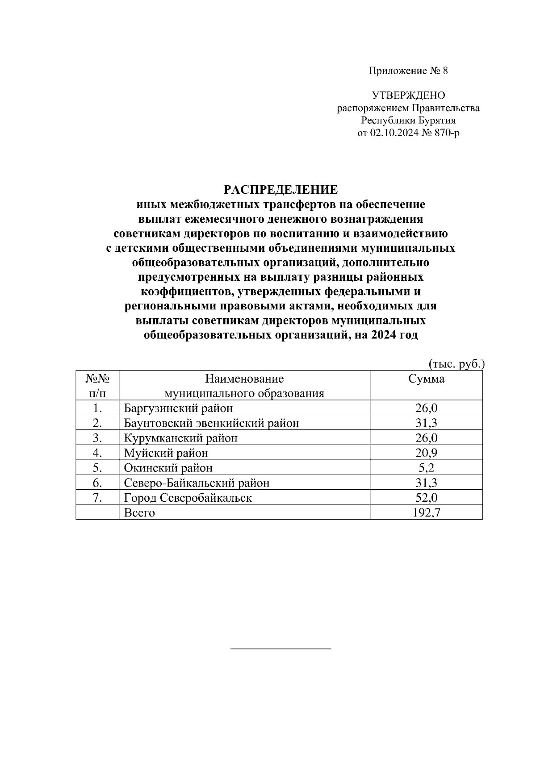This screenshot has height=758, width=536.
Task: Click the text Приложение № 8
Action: pyautogui.click(x=408, y=71)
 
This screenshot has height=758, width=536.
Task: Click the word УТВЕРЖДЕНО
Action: pyautogui.click(x=408, y=95)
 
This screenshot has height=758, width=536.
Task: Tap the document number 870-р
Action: pyautogui.click(x=444, y=133)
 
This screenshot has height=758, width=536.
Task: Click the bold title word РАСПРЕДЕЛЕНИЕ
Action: pyautogui.click(x=281, y=190)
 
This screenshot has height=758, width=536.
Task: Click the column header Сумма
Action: pyautogui.click(x=426, y=379)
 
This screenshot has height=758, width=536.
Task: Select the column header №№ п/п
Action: pyautogui.click(x=97, y=386)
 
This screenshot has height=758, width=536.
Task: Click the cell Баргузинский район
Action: pyautogui.click(x=178, y=408)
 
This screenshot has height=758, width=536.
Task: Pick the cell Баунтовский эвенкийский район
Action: pyautogui.click(x=211, y=423)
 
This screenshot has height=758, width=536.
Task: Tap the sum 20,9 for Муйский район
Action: pyautogui.click(x=426, y=453)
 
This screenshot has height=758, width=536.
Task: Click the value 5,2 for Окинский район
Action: pyautogui.click(x=426, y=467)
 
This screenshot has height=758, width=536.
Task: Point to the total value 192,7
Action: pyautogui.click(x=426, y=512)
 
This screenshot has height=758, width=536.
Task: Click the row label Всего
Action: pyautogui.click(x=139, y=512)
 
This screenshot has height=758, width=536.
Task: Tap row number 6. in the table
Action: pyautogui.click(x=98, y=483)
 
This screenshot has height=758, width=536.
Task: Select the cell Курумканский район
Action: pyautogui.click(x=180, y=438)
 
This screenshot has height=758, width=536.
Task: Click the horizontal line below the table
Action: pyautogui.click(x=281, y=648)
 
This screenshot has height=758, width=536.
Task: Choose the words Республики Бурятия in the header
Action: pyautogui.click(x=408, y=120)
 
